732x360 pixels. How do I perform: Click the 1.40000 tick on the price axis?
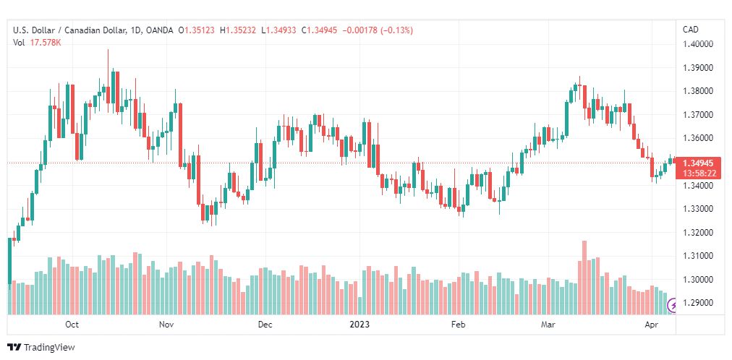pyautogui.click(x=699, y=44)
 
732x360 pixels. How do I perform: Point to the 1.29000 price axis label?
pyautogui.click(x=699, y=303)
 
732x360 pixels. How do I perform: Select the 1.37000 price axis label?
pyautogui.click(x=699, y=115)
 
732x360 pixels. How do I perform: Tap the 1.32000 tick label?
pyautogui.click(x=699, y=233)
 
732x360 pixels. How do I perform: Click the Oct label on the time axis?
pyautogui.click(x=72, y=325)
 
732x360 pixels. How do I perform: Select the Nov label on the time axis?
pyautogui.click(x=166, y=325)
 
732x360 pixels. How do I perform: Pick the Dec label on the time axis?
pyautogui.click(x=265, y=325)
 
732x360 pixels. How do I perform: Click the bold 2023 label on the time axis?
pyautogui.click(x=360, y=325)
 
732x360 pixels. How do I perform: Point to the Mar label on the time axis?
pyautogui.click(x=548, y=325)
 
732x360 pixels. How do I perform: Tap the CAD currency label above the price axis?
pyautogui.click(x=691, y=30)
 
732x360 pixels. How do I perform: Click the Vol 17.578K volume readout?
pyautogui.click(x=38, y=43)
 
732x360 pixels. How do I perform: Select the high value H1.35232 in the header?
pyautogui.click(x=238, y=30)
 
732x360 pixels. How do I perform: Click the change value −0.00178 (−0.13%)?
pyautogui.click(x=378, y=30)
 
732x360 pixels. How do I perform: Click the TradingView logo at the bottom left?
pyautogui.click(x=41, y=348)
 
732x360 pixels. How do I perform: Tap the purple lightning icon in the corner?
pyautogui.click(x=673, y=306)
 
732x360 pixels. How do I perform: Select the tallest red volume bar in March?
pyautogui.click(x=584, y=278)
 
